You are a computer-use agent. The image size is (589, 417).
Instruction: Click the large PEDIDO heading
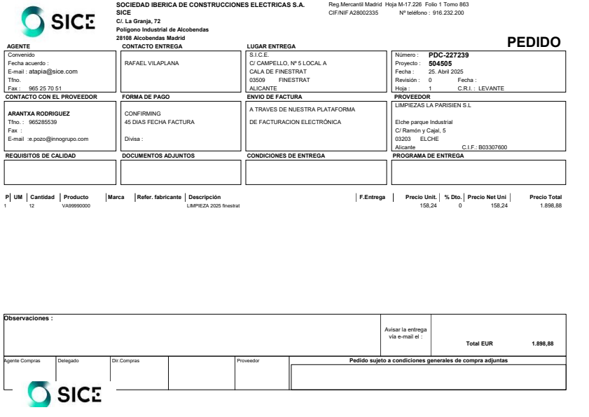click(x=534, y=42)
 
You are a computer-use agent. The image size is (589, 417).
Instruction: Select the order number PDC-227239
click(x=448, y=54)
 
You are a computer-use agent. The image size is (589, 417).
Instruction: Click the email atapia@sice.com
click(x=53, y=71)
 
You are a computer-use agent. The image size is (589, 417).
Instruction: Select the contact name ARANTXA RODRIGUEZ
click(x=39, y=113)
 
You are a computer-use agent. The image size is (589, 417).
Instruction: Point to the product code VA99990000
click(x=76, y=206)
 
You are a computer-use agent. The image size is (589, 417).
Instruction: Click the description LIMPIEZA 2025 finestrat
click(x=214, y=206)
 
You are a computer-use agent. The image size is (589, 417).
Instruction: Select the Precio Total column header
click(x=546, y=197)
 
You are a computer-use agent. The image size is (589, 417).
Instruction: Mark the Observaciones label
click(x=29, y=318)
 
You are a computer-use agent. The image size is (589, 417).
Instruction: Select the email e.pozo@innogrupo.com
click(x=60, y=139)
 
